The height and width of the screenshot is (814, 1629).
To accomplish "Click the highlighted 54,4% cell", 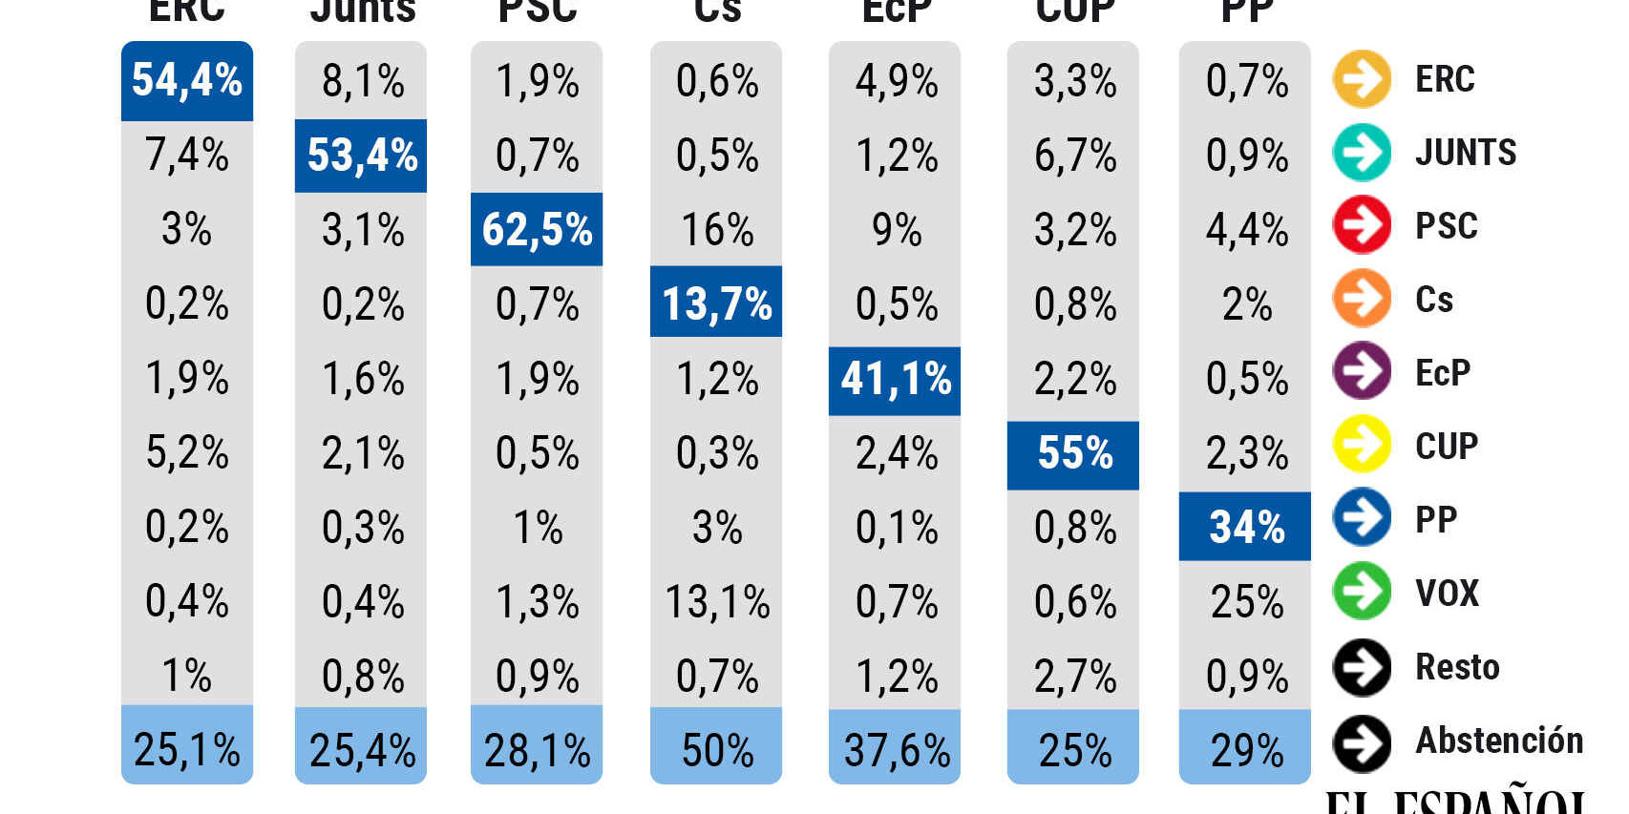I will (187, 80).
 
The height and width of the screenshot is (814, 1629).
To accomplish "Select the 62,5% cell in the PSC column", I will (537, 229).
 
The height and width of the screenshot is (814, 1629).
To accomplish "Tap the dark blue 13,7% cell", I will (716, 303).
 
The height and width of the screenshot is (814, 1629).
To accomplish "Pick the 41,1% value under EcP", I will (895, 379).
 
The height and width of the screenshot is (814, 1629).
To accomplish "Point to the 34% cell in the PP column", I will (1245, 527).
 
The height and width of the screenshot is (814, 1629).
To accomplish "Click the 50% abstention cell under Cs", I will (716, 749).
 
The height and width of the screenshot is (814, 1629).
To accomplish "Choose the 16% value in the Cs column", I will (716, 229).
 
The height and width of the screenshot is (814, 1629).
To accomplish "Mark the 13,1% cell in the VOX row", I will (716, 601).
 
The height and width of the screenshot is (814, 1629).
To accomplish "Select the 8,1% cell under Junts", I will (362, 81).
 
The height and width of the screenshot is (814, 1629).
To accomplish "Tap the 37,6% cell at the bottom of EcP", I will (895, 749).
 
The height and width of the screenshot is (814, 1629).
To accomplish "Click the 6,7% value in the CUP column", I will (1074, 155).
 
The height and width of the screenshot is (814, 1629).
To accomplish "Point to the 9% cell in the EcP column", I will (895, 229).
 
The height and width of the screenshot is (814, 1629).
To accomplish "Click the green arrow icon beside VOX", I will (1362, 592).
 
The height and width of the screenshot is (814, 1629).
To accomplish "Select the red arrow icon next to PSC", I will (1362, 225).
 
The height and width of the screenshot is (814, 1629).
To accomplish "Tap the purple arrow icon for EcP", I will (1362, 370).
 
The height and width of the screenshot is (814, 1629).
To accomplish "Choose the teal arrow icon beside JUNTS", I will (1362, 153).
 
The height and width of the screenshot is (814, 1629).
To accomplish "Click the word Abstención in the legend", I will (1499, 741).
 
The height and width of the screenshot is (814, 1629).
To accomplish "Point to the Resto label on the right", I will (1457, 667).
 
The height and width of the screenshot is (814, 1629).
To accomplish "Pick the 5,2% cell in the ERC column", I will (187, 452).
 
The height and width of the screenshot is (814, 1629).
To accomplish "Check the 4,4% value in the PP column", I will (1245, 229).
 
